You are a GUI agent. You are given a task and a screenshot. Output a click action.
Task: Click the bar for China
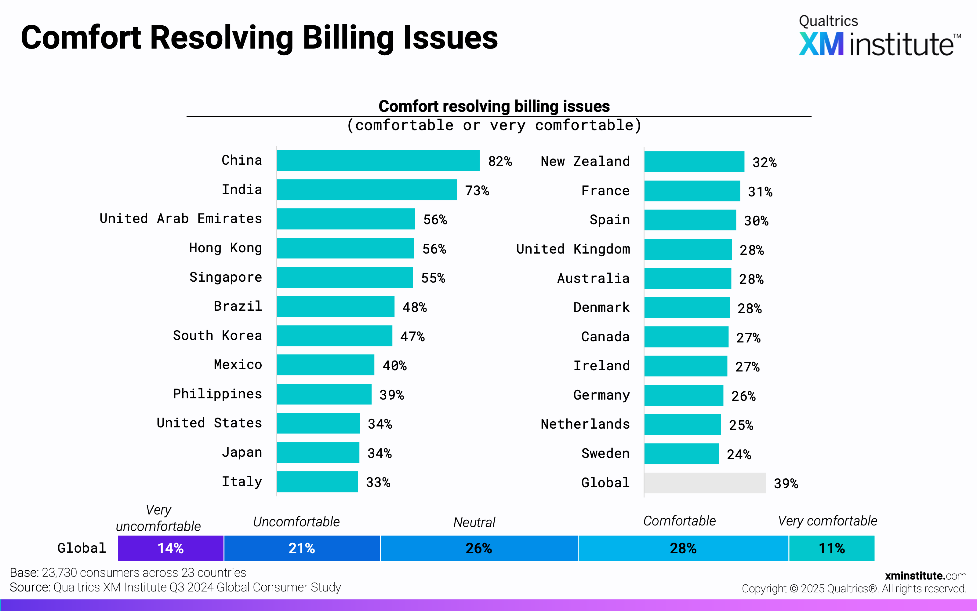click(378, 160)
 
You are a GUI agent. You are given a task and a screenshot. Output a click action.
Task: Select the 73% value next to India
click(477, 190)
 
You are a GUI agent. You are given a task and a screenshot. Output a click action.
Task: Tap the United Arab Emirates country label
click(180, 219)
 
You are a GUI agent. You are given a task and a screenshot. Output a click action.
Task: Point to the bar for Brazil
click(335, 306)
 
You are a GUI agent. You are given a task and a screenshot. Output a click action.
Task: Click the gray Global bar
click(704, 483)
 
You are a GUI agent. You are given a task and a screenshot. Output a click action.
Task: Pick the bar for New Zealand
click(694, 162)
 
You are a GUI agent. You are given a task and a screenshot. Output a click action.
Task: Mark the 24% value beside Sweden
click(739, 455)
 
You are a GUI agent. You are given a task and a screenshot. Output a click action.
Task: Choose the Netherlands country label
click(585, 424)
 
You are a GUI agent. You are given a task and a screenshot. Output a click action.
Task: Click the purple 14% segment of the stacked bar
click(170, 548)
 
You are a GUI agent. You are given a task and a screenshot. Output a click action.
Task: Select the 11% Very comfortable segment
click(831, 548)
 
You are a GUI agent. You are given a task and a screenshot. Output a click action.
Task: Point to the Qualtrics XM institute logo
click(879, 36)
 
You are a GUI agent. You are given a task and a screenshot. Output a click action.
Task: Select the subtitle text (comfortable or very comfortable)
click(494, 125)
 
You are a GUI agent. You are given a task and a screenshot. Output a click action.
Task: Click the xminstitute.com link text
click(925, 576)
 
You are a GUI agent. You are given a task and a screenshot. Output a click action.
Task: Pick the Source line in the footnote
click(175, 587)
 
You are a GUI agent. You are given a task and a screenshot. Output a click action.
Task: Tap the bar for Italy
click(317, 482)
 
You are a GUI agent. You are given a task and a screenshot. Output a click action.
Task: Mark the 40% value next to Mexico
click(394, 366)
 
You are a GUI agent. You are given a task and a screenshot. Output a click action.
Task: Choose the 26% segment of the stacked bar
click(478, 548)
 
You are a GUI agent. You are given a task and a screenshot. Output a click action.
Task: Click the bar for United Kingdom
click(688, 249)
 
